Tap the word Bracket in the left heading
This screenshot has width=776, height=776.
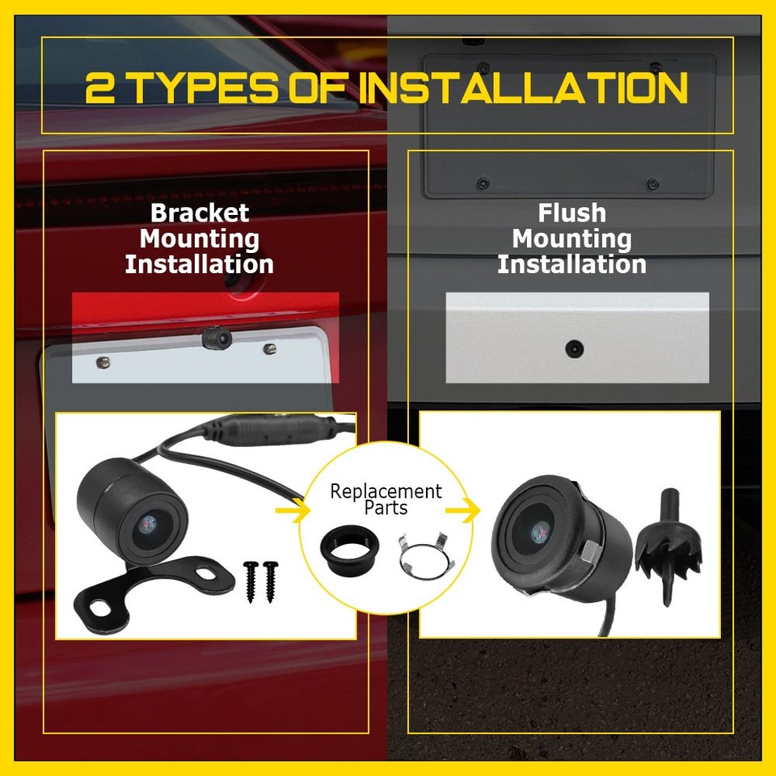tap(200, 213)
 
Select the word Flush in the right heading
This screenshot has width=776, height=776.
tap(571, 213)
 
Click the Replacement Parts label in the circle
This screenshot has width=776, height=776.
tap(386, 500)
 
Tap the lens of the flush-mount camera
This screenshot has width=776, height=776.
tap(538, 531)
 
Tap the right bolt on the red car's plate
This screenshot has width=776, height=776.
tap(270, 348)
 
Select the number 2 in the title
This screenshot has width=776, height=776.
tap(100, 88)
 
